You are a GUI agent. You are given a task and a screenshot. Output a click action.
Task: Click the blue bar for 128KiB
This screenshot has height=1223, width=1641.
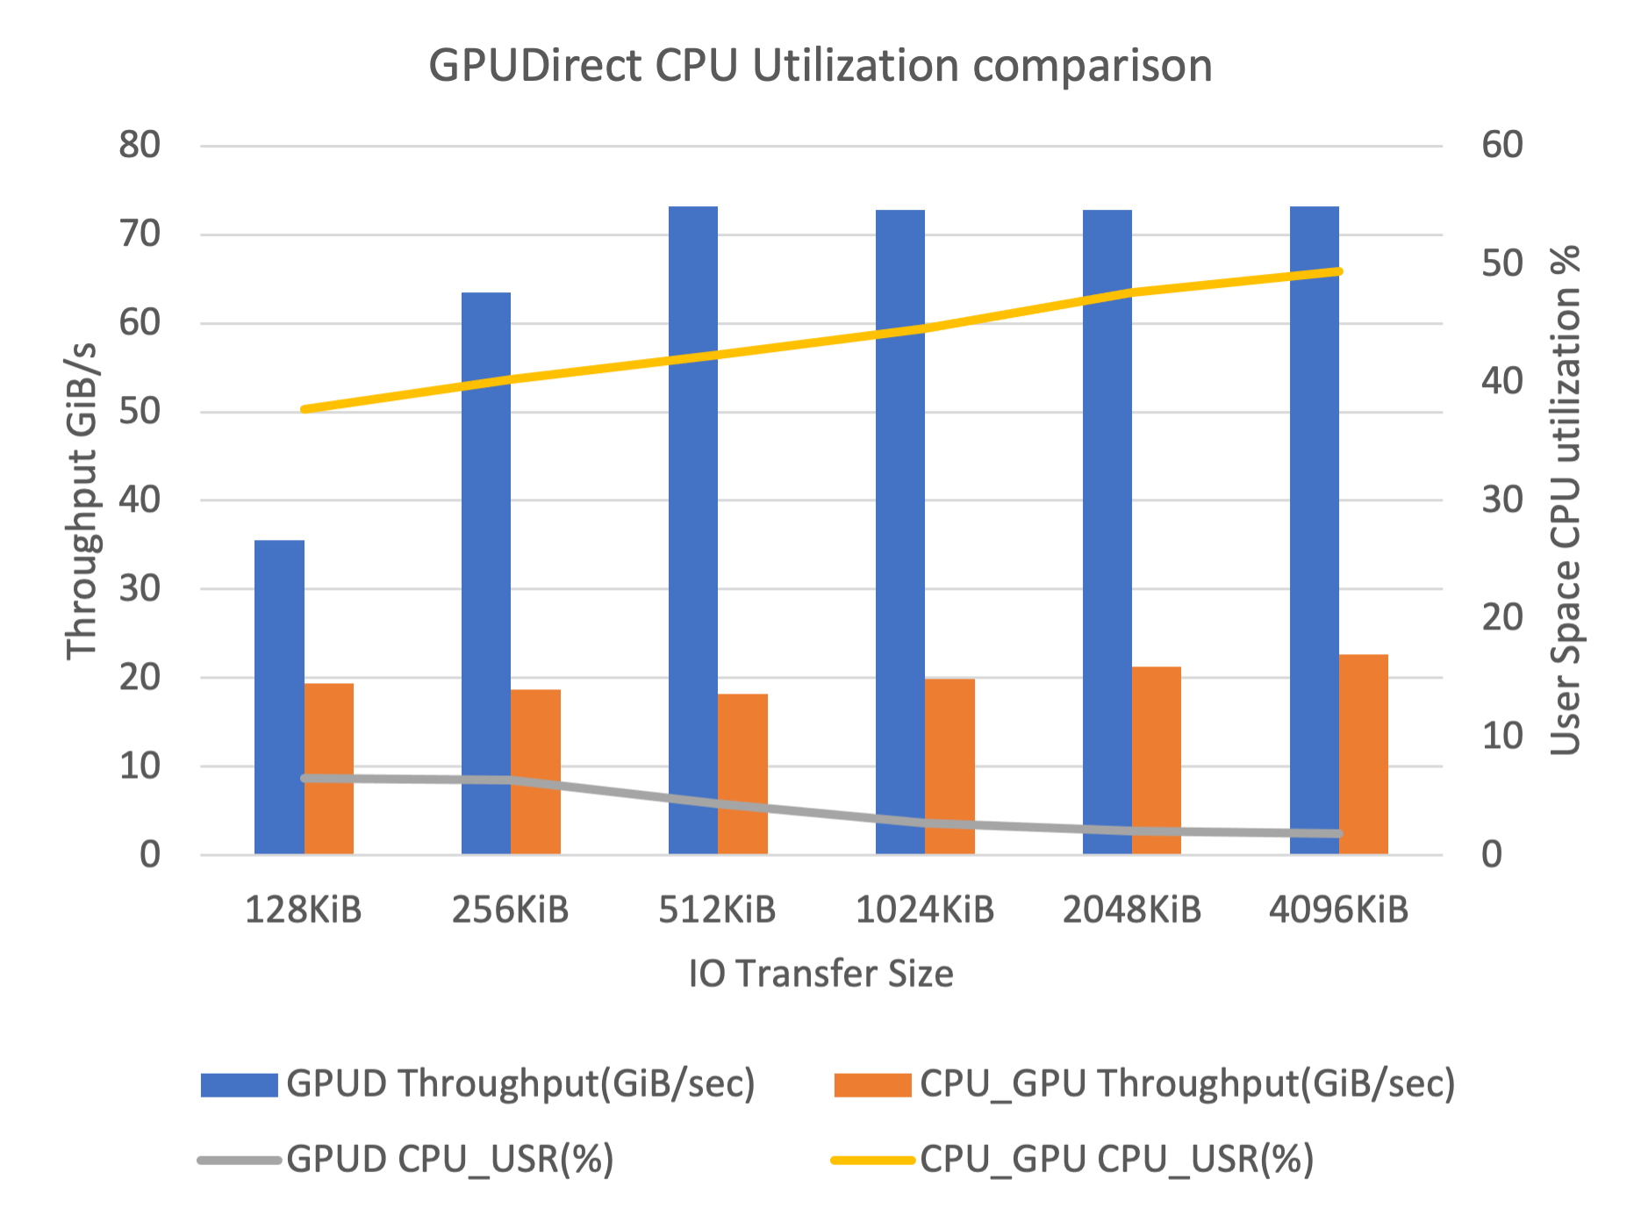[279, 697]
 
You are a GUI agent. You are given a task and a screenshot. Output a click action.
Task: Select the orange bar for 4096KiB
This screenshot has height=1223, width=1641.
[1364, 754]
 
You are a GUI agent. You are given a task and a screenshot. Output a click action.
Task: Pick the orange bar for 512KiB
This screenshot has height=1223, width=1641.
[743, 773]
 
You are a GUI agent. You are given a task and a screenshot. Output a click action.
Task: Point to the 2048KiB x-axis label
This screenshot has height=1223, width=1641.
[1132, 910]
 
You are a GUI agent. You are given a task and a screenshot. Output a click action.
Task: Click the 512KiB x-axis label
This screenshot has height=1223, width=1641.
[718, 910]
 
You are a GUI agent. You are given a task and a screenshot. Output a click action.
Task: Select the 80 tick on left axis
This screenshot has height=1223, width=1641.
[140, 146]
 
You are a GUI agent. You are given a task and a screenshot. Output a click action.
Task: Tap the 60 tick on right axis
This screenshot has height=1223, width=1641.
[1502, 146]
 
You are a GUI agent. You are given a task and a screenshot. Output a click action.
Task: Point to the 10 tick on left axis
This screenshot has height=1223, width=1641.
[140, 766]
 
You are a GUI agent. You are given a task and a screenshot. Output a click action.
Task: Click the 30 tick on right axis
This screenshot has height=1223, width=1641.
[1502, 500]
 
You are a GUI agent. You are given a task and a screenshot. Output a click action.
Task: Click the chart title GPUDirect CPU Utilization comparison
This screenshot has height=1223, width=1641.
[820, 67]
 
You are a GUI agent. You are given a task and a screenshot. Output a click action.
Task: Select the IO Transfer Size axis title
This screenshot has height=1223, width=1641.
[820, 974]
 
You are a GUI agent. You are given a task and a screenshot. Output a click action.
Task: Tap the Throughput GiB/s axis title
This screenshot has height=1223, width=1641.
[82, 500]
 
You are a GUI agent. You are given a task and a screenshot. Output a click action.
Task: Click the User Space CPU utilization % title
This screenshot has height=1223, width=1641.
[1565, 500]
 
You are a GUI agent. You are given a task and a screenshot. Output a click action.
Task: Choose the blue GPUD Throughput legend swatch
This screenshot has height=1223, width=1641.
[239, 1084]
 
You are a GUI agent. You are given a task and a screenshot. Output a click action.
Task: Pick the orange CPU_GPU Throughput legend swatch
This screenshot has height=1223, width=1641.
[871, 1084]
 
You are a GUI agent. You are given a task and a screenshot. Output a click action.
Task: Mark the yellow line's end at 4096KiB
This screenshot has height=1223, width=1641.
[1338, 271]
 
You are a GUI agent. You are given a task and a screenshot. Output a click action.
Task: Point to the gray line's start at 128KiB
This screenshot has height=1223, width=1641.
[305, 778]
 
